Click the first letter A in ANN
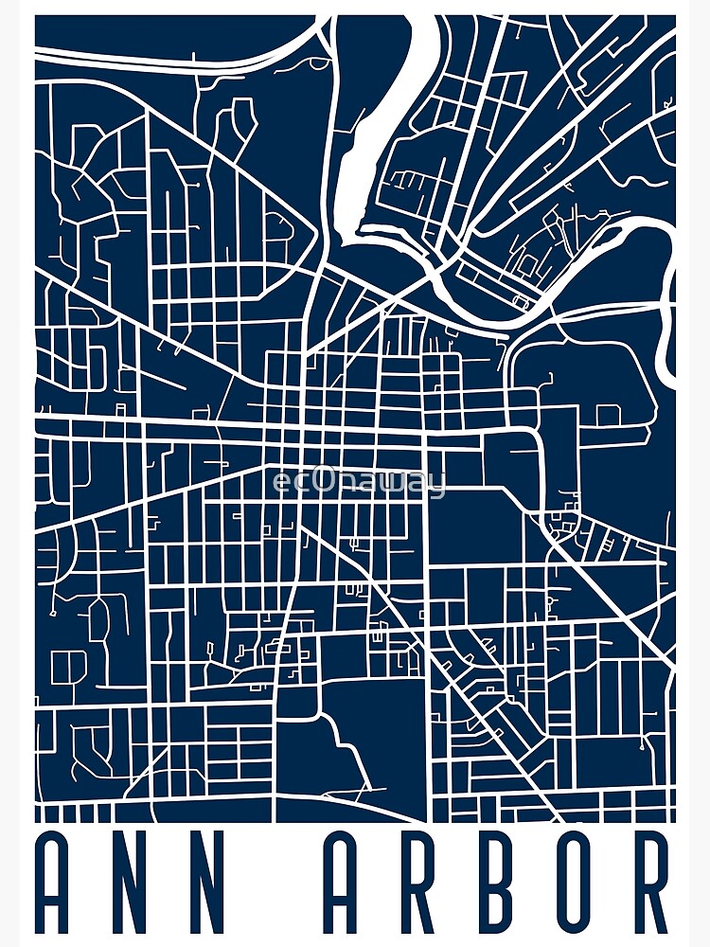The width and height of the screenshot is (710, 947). tap(58, 884)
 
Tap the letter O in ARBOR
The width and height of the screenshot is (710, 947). tap(579, 884)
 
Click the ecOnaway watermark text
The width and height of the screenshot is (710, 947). tap(357, 483)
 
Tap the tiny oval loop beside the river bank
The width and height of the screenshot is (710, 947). tap(520, 301)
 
